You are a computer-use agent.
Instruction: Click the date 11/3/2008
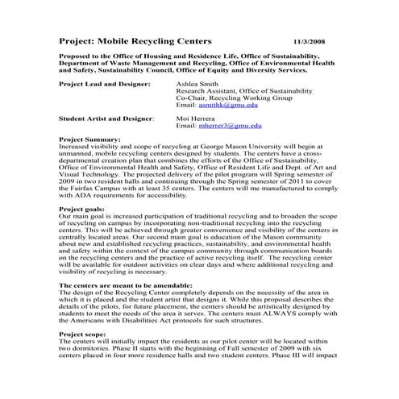pyautogui.click(x=310, y=39)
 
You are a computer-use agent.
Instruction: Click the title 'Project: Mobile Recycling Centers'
pyautogui.click(x=135, y=39)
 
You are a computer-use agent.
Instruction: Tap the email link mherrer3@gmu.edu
pyautogui.click(x=231, y=126)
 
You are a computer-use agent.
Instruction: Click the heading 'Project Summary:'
pyautogui.click(x=90, y=139)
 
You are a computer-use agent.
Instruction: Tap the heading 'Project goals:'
pyautogui.click(x=84, y=209)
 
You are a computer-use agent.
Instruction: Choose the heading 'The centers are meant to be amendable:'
pyautogui.click(x=127, y=285)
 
